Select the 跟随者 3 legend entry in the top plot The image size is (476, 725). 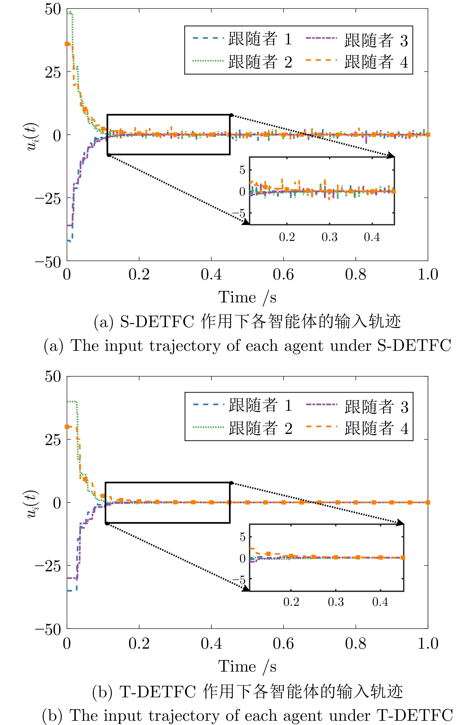tap(376, 40)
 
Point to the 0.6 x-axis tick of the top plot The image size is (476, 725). tap(283, 274)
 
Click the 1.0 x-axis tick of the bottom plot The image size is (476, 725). tap(428, 643)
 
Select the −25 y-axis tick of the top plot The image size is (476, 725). tap(48, 199)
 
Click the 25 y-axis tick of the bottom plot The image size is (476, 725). tap(53, 439)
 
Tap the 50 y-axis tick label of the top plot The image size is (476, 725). tap(53, 9)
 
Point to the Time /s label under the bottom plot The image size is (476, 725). tap(247, 666)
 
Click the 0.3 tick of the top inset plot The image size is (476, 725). tap(330, 237)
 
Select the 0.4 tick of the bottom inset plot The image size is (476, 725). tap(380, 602)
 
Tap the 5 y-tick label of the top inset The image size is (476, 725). tap(242, 170)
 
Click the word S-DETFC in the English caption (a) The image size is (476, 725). tap(414, 346)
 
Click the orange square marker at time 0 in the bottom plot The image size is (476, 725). tap(67, 426)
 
